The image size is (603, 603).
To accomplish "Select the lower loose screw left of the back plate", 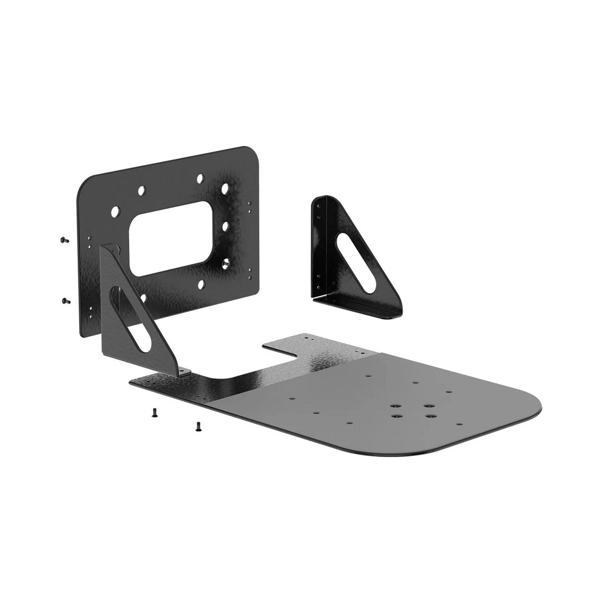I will (x=65, y=300).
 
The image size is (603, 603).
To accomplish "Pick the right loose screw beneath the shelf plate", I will (x=198, y=426).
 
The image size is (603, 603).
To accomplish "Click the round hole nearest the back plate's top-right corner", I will (x=226, y=189).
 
